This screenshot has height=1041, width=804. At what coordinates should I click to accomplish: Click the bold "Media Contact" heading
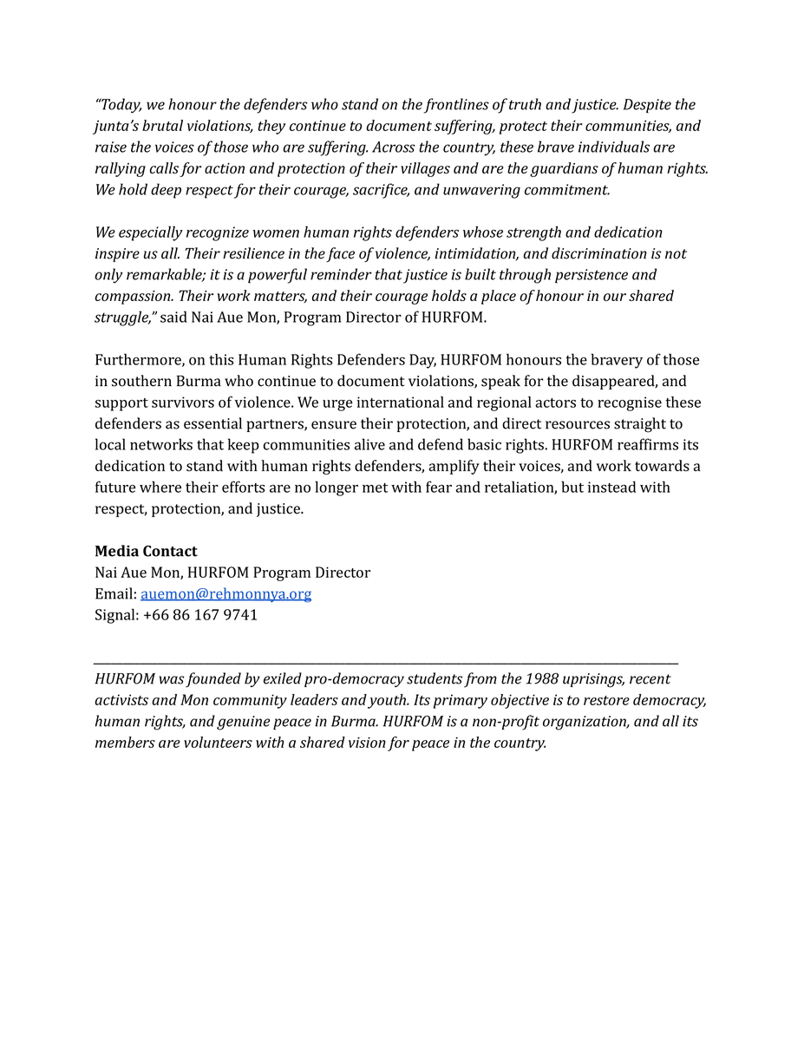pos(146,552)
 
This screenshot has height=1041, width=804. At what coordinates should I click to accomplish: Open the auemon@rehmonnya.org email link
pos(226,594)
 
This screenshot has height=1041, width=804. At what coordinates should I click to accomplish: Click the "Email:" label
pos(115,594)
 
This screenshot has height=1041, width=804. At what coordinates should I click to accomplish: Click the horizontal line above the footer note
pos(386,664)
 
